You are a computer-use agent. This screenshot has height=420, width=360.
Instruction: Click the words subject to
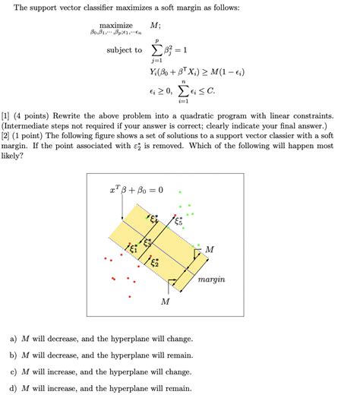[124, 50]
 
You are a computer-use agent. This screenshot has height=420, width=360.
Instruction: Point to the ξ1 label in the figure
[134, 247]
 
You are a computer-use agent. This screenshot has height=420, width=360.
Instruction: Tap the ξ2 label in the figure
[154, 261]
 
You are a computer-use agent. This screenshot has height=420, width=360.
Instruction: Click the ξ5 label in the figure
[178, 222]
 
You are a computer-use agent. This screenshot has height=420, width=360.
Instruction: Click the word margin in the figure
[211, 279]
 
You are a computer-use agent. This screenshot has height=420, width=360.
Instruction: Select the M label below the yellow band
[166, 302]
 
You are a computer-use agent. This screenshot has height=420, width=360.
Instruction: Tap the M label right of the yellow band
[209, 249]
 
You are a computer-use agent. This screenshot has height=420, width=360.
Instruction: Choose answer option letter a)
[14, 339]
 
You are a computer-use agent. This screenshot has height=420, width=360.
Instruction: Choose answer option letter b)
[14, 355]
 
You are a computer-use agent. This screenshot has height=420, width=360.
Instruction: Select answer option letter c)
[14, 371]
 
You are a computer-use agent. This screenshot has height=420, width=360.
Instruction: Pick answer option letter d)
[14, 387]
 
